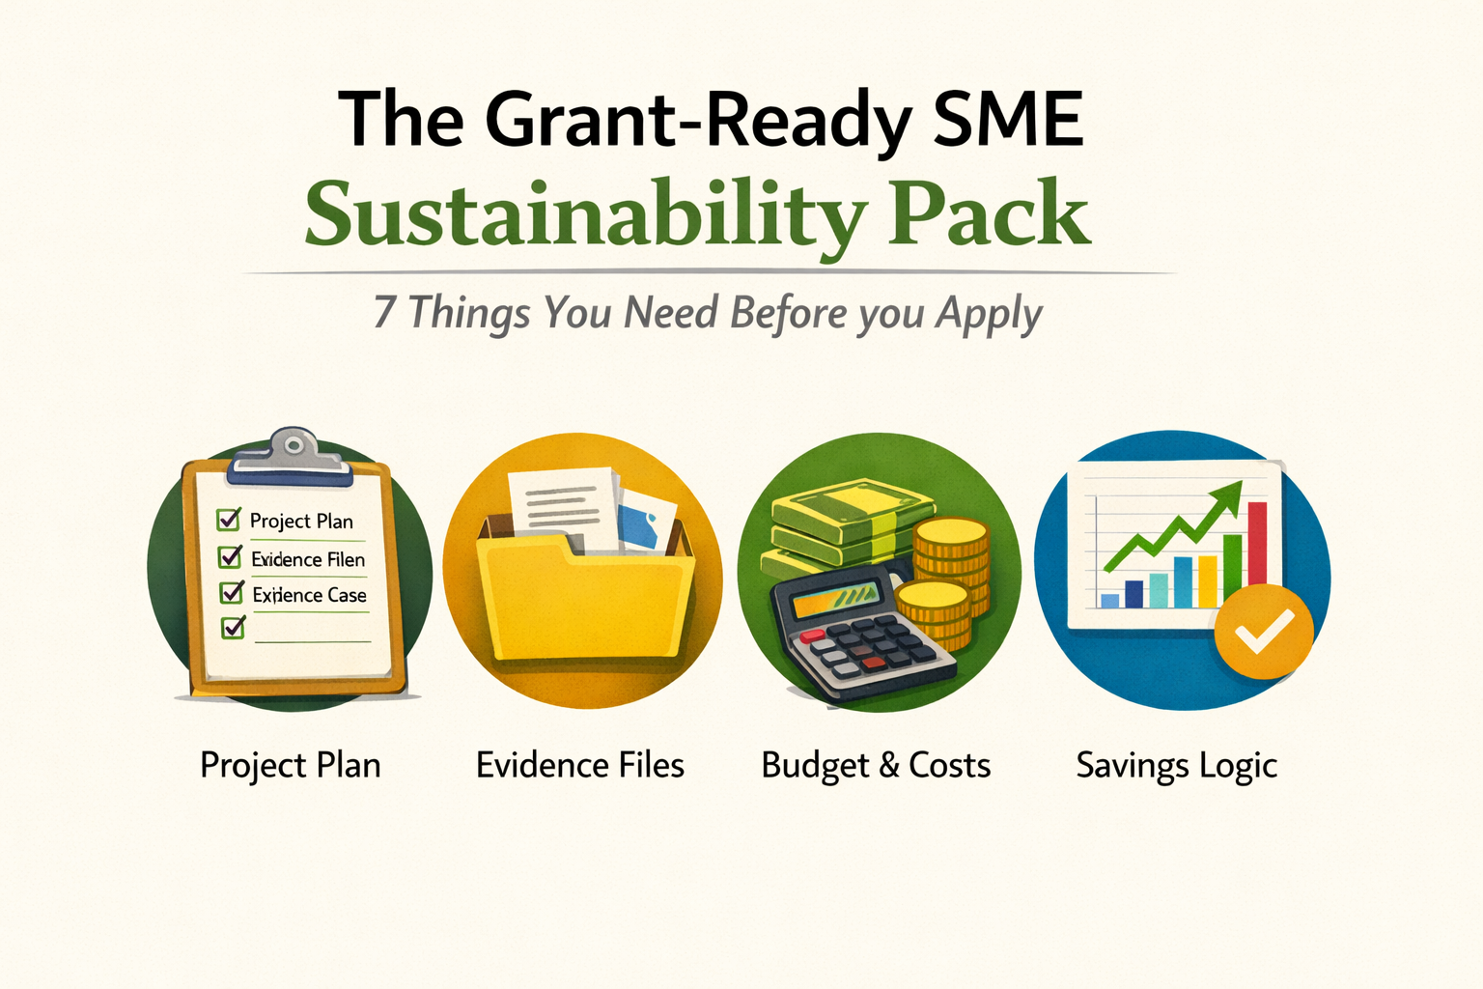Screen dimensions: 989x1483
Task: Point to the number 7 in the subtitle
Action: tap(384, 313)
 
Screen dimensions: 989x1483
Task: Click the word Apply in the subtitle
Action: tap(989, 315)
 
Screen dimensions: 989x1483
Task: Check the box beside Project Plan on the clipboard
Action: tap(229, 520)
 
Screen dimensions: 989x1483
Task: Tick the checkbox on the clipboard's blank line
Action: tap(233, 628)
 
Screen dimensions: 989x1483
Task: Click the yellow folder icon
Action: tap(582, 599)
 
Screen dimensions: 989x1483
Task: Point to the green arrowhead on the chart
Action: tap(1227, 495)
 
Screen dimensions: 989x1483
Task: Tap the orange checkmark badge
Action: tap(1263, 632)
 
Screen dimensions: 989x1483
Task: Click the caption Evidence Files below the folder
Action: tap(580, 766)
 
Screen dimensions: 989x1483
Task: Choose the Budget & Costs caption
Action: tap(876, 766)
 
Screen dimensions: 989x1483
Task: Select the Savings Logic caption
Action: tap(1176, 766)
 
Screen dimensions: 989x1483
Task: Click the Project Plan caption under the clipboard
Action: tap(290, 766)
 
